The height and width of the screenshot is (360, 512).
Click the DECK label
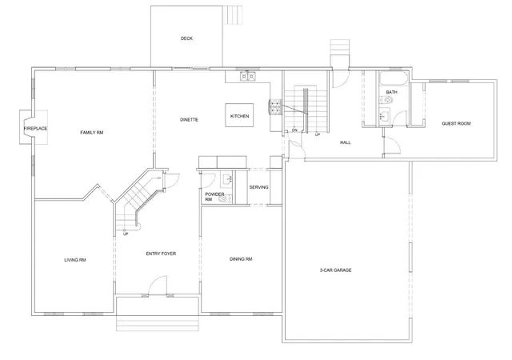pyautogui.click(x=186, y=38)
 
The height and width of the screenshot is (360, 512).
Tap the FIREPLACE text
pyautogui.click(x=35, y=129)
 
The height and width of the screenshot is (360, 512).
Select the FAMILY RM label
pyautogui.click(x=92, y=133)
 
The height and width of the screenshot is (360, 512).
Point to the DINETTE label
pyautogui.click(x=189, y=120)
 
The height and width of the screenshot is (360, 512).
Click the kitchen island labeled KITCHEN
pyautogui.click(x=239, y=115)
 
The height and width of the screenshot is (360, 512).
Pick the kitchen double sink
pyautogui.click(x=248, y=77)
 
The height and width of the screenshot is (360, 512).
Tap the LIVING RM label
pyautogui.click(x=75, y=260)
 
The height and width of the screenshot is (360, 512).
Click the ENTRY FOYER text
pyautogui.click(x=161, y=254)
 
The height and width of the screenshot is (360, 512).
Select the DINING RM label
pyautogui.click(x=241, y=259)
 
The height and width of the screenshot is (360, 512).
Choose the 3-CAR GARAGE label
pyautogui.click(x=336, y=270)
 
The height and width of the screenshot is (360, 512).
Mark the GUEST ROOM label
pyautogui.click(x=456, y=123)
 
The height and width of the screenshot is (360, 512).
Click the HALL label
pyautogui.click(x=345, y=142)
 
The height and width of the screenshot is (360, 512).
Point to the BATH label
pyautogui.click(x=391, y=92)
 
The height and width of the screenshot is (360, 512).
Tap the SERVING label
pyautogui.click(x=258, y=187)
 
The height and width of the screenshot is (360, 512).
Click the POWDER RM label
pyautogui.click(x=214, y=197)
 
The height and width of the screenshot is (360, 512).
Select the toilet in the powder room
pyautogui.click(x=226, y=198)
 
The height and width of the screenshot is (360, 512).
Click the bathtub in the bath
pyautogui.click(x=394, y=78)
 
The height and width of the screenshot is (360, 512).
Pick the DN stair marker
pyautogui.click(x=294, y=130)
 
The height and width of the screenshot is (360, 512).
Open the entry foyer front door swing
pyautogui.click(x=158, y=285)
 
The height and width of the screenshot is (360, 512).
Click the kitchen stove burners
pyautogui.click(x=275, y=107)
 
